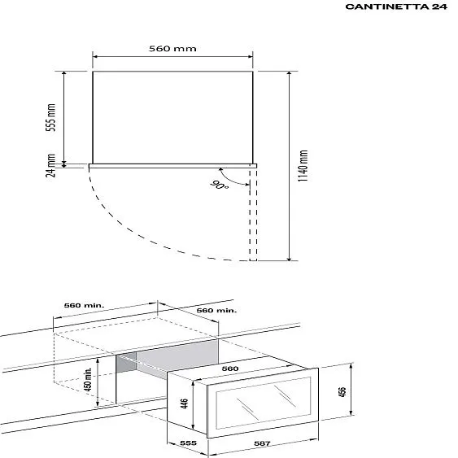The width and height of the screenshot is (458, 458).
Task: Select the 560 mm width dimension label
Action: (x=172, y=49)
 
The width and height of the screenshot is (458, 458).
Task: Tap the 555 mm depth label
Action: (x=50, y=118)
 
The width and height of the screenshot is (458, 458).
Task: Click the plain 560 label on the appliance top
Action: (x=230, y=369)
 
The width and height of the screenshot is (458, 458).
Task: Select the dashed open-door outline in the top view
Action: (x=254, y=216)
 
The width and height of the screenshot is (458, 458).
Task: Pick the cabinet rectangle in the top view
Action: (x=172, y=116)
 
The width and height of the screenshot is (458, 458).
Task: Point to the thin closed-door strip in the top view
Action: (x=172, y=164)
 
